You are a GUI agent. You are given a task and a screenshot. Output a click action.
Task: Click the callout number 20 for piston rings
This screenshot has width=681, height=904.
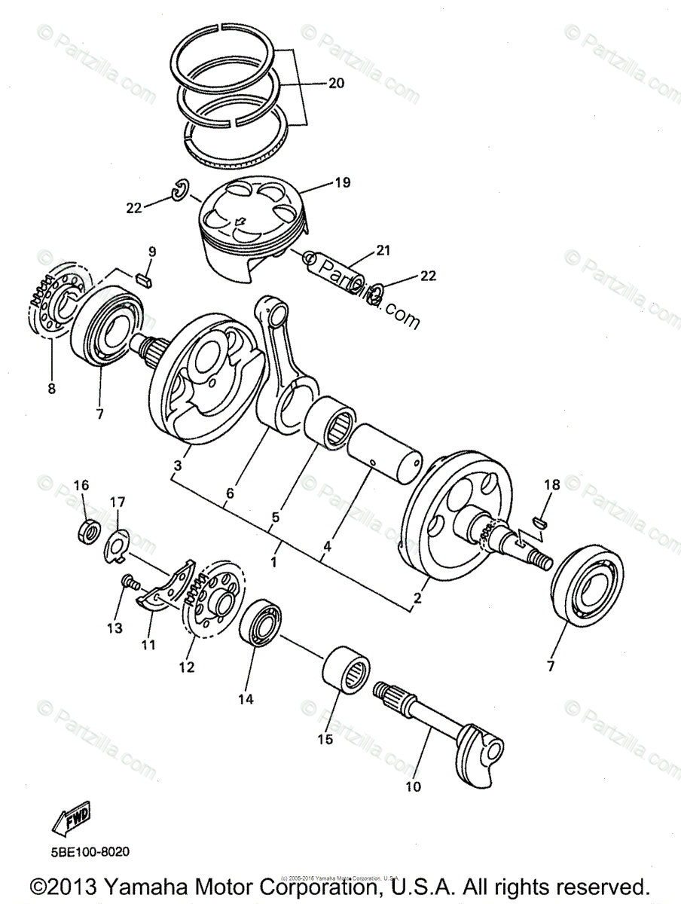point(336,83)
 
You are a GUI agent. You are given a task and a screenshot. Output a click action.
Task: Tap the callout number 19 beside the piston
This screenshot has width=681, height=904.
point(344,182)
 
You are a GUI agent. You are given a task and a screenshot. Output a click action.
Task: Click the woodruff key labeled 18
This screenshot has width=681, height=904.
point(541,519)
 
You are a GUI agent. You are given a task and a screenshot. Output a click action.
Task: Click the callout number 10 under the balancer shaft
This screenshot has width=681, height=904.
point(414,787)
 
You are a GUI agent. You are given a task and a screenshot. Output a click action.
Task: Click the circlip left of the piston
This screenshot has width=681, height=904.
point(180,192)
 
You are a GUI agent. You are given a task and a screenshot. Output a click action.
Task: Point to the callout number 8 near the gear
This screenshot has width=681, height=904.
point(51,389)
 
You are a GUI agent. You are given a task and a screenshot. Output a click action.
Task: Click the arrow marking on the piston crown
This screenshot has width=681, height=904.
point(240,221)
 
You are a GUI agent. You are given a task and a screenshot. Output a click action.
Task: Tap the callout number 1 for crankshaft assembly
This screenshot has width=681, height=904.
point(274,562)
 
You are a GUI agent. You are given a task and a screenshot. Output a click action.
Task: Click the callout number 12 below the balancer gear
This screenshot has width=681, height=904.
point(186,667)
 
